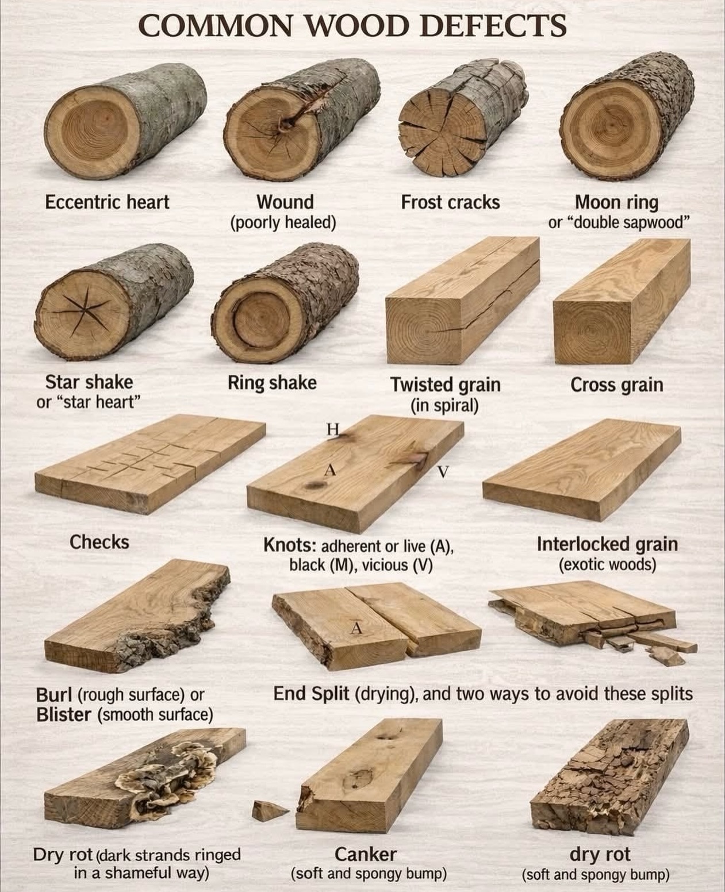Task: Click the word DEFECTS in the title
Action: pyautogui.click(x=494, y=25)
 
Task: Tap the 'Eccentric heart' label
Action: pyautogui.click(x=107, y=202)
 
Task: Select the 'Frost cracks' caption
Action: pyautogui.click(x=450, y=203)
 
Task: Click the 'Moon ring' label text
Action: pyautogui.click(x=616, y=203)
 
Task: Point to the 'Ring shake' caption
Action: pyautogui.click(x=272, y=383)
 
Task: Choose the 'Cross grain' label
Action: pyautogui.click(x=616, y=385)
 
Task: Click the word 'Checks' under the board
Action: pyautogui.click(x=99, y=542)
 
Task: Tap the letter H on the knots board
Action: pyautogui.click(x=332, y=428)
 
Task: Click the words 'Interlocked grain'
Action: pyautogui.click(x=607, y=544)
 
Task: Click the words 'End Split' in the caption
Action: pyautogui.click(x=311, y=694)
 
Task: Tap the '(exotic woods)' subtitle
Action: pyautogui.click(x=607, y=565)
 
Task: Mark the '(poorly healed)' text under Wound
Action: pyautogui.click(x=283, y=223)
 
